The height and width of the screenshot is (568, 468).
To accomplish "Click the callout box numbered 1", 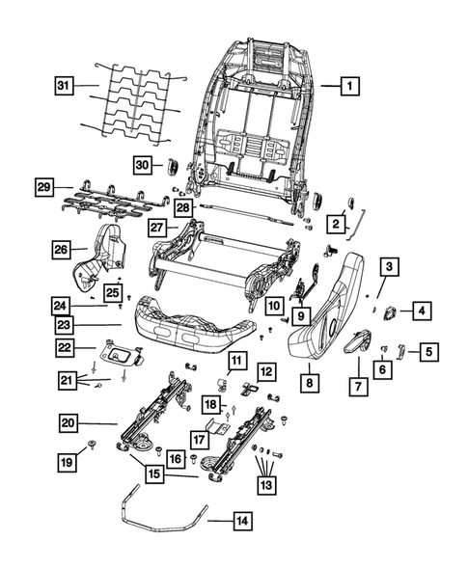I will tap(348, 86).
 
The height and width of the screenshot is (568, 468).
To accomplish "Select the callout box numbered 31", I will tap(63, 87).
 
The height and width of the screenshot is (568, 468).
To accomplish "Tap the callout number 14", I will tap(240, 522).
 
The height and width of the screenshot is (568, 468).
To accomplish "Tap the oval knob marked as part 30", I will tap(174, 166).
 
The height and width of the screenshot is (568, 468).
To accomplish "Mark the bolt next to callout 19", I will tap(91, 445).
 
